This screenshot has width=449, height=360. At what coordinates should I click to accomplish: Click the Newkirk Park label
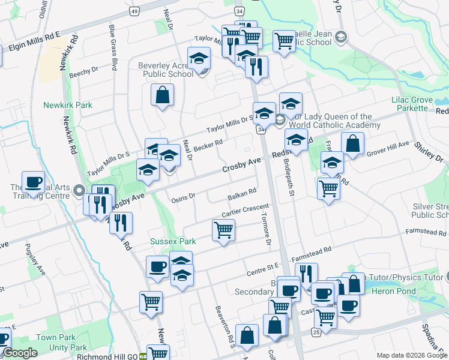67,105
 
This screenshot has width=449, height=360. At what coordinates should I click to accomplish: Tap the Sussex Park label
173,241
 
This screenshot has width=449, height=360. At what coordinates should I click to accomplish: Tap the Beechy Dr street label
83,73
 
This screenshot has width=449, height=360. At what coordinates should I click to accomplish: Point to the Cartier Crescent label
244,211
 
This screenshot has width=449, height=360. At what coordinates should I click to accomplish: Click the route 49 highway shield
134,11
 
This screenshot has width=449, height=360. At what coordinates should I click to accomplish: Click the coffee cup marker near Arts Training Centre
33,182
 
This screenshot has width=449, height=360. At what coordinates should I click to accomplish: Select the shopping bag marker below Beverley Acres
162,95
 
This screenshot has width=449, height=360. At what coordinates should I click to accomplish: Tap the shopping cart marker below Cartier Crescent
223,230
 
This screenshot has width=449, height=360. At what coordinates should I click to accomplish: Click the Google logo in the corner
20,353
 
